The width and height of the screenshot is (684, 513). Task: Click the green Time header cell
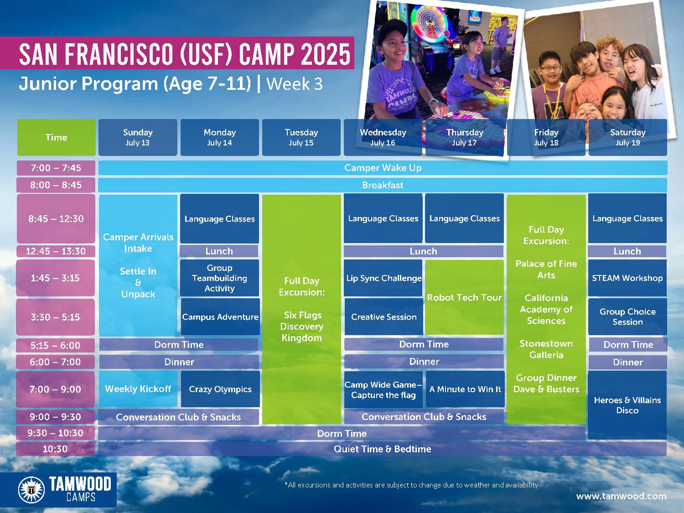(56, 137)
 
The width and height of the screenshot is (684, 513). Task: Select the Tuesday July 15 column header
(301, 137)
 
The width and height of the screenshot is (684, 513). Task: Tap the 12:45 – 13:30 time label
(56, 251)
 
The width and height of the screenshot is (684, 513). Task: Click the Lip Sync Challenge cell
(383, 278)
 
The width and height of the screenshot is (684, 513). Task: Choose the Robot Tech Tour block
(464, 297)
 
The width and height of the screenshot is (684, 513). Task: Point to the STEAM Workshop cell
(627, 278)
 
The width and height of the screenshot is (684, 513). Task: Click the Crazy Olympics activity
(220, 389)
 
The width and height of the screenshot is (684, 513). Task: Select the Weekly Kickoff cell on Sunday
(138, 389)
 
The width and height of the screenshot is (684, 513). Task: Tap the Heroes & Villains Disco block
(627, 405)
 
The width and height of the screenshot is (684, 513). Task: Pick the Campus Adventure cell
(220, 317)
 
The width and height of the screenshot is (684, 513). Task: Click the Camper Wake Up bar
(383, 168)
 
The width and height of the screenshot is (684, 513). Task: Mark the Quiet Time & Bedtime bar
(382, 449)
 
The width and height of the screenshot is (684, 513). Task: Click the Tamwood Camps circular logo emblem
(31, 490)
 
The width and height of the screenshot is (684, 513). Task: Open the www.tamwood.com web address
(622, 496)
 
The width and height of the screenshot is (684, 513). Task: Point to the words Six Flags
(303, 315)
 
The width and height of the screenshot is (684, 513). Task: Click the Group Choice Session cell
(627, 317)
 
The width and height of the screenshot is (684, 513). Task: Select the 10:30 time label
(55, 449)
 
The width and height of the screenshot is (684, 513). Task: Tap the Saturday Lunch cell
(627, 251)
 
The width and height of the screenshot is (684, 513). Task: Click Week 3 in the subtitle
(295, 84)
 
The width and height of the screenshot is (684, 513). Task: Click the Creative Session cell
(384, 317)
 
